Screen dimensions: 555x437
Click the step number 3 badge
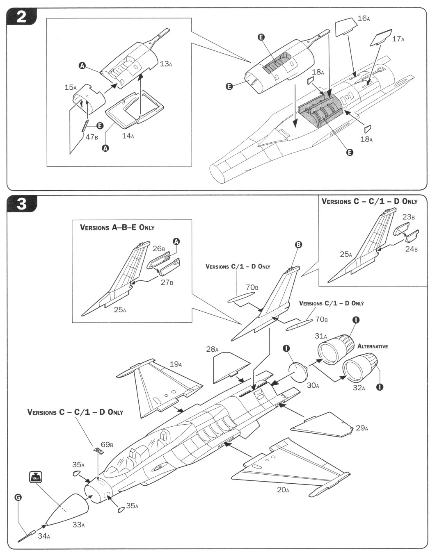[21, 203]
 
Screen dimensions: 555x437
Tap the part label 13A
[166, 64]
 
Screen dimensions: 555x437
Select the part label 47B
[92, 137]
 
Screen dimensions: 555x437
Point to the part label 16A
[364, 18]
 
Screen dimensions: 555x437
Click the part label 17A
[398, 39]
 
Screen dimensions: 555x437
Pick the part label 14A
[128, 136]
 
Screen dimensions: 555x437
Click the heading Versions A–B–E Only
[117, 227]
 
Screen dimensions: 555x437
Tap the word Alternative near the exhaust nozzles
[373, 346]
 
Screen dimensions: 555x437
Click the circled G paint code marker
[18, 498]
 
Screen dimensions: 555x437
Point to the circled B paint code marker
[298, 244]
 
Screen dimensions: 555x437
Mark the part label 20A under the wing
[283, 489]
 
